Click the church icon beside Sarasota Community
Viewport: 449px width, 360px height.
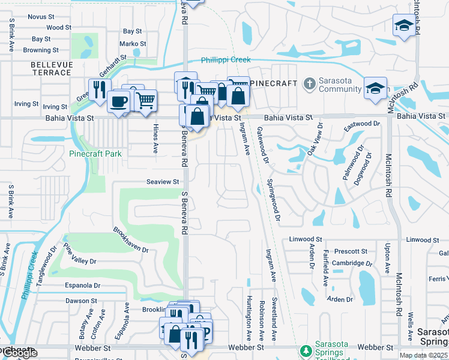click(309, 83)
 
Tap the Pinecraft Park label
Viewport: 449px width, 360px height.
click(95, 154)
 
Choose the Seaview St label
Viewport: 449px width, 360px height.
click(163, 182)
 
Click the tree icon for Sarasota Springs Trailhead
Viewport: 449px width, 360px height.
click(306, 350)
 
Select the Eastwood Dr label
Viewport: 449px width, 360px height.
click(361, 127)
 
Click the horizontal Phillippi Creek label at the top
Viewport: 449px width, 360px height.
click(225, 60)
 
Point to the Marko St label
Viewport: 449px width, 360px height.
click(132, 44)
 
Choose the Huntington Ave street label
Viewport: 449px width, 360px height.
click(249, 316)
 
